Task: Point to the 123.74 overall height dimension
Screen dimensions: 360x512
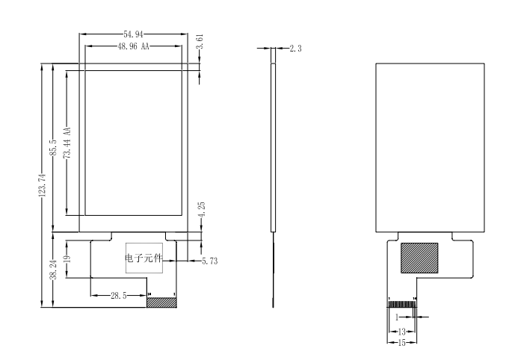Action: tap(42, 185)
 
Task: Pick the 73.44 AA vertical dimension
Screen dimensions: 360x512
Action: tap(67, 141)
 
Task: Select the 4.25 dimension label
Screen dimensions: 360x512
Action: tap(199, 211)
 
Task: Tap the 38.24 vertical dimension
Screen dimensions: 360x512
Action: tap(43, 270)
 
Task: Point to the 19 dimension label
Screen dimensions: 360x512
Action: tap(67, 260)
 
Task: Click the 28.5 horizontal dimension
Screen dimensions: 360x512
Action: tap(118, 296)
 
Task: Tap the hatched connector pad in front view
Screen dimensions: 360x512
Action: tap(162, 302)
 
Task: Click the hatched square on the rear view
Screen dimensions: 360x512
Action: tap(419, 258)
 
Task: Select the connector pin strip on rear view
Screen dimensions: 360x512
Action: tap(401, 302)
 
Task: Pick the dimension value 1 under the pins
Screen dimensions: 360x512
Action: tap(396, 317)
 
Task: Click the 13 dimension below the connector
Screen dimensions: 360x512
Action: tap(401, 331)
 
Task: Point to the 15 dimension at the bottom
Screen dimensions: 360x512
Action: tap(401, 342)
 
